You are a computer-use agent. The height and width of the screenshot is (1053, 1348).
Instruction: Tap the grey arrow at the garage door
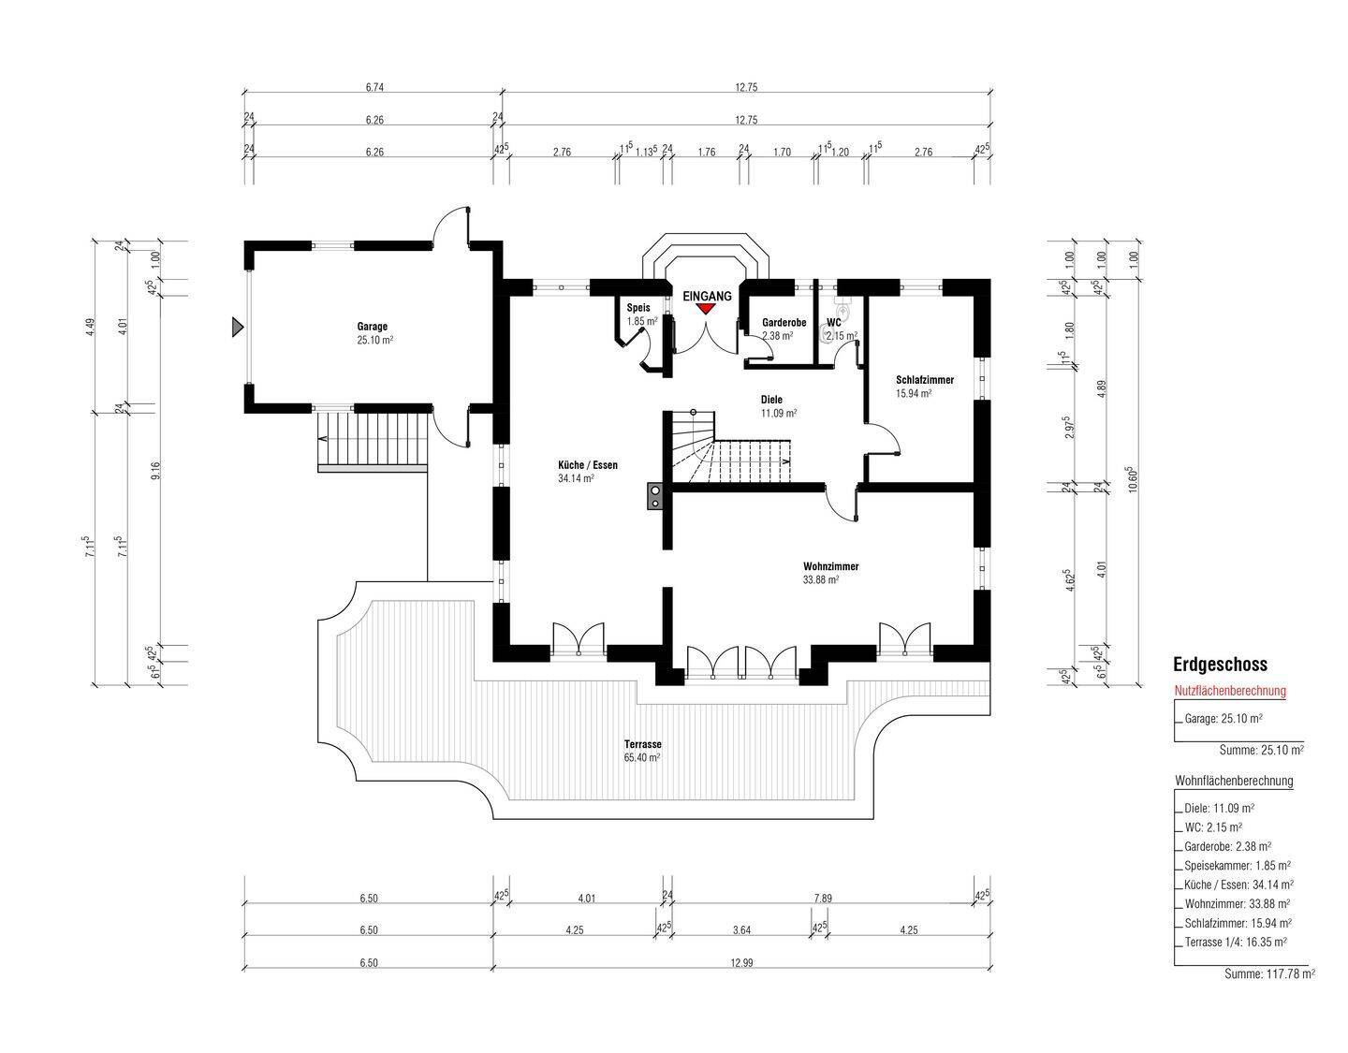(x=238, y=326)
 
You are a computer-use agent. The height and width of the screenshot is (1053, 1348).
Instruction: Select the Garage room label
(x=373, y=326)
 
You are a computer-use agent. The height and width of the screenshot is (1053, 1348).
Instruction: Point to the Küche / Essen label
(x=588, y=465)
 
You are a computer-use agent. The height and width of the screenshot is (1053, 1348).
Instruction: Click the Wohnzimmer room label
(x=830, y=566)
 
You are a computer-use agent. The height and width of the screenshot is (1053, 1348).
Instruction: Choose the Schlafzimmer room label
(x=924, y=379)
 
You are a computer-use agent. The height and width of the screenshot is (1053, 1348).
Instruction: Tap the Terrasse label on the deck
(x=643, y=743)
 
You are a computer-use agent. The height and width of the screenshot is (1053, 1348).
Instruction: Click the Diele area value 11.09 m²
(x=779, y=413)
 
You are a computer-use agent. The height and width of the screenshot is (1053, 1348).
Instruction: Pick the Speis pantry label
(x=638, y=308)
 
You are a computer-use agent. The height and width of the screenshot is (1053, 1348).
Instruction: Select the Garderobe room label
(x=784, y=323)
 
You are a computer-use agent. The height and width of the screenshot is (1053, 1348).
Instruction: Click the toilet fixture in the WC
(x=843, y=308)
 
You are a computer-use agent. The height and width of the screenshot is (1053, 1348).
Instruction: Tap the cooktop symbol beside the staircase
(x=654, y=496)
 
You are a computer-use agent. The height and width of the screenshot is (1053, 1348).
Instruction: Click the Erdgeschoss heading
(x=1220, y=665)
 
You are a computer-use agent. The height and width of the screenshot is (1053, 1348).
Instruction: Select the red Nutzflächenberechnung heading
(x=1230, y=691)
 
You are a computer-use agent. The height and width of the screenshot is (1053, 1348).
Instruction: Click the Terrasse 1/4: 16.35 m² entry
(x=1236, y=942)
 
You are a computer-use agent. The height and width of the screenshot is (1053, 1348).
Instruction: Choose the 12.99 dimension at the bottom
(x=742, y=963)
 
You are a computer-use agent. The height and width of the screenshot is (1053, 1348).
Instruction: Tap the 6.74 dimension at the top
(x=374, y=87)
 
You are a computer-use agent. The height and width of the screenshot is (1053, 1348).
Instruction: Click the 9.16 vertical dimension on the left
(x=155, y=471)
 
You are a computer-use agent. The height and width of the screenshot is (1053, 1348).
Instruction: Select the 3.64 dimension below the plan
(x=742, y=930)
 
